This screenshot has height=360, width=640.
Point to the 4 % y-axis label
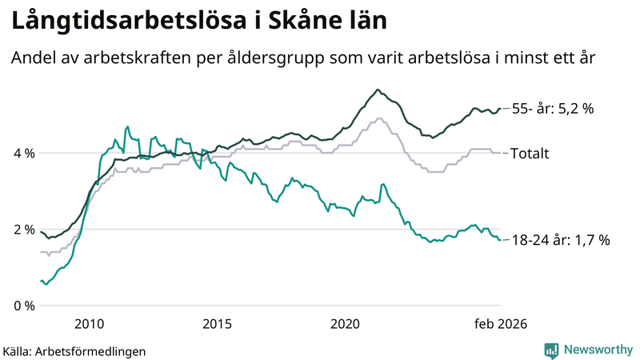point(24,153)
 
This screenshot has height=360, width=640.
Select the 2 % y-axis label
point(24,230)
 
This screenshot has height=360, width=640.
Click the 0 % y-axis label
point(24,306)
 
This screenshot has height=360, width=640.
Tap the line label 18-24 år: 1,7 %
point(560,239)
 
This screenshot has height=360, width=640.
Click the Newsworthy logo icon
point(551,350)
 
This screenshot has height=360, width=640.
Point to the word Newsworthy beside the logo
point(597,350)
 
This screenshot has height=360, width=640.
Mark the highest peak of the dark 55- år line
point(378,90)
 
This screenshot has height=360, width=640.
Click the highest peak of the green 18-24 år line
point(127,126)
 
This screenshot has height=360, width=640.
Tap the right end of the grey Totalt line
point(500,153)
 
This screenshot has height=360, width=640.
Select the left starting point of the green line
point(41,281)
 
